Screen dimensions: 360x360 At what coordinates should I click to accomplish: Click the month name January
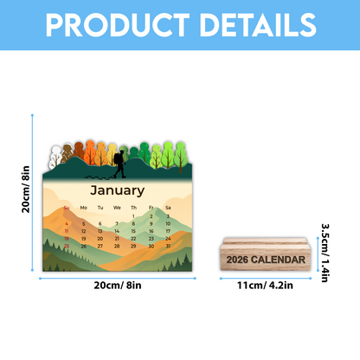(x=118, y=190)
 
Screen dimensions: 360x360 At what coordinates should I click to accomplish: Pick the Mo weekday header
(x=84, y=208)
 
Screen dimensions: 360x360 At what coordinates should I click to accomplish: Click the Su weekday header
(x=67, y=208)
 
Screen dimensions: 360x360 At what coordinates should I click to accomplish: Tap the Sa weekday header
(x=167, y=208)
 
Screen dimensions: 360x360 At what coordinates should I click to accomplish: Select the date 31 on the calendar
(x=167, y=247)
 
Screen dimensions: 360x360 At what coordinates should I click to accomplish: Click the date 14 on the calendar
(x=118, y=231)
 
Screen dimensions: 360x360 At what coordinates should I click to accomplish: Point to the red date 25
(x=67, y=247)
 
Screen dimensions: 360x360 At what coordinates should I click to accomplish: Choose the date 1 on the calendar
(x=134, y=215)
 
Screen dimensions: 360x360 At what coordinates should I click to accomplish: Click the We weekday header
(x=118, y=208)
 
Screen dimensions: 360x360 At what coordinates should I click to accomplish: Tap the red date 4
(x=67, y=223)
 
